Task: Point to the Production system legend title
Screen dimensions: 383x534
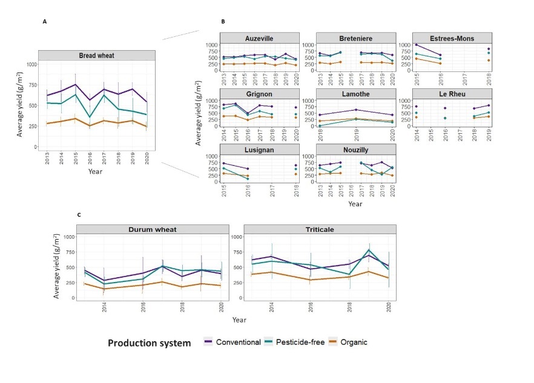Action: point(149,342)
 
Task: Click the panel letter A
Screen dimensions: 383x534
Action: point(45,22)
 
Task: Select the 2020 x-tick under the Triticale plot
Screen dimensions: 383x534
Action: point(388,308)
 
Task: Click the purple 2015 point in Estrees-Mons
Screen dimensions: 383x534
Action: point(417,45)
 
